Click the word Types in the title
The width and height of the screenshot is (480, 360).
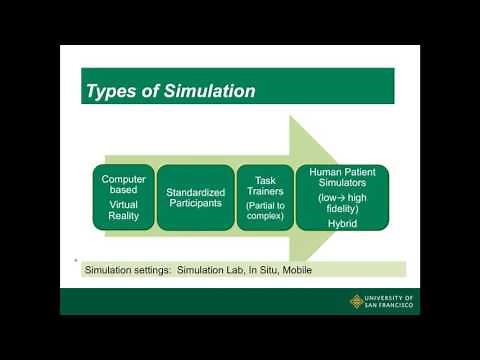click(110, 92)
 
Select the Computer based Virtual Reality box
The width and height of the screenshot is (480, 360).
click(125, 197)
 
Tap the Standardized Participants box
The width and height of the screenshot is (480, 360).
click(195, 197)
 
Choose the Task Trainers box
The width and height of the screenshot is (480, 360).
click(265, 197)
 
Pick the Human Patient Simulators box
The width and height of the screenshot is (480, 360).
click(342, 197)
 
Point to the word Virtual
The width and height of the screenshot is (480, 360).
click(125, 202)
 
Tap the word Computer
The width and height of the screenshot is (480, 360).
click(125, 179)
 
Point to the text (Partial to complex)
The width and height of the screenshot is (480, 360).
click(265, 212)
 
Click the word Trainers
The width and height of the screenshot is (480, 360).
click(265, 192)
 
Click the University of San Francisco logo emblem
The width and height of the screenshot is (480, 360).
click(357, 301)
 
